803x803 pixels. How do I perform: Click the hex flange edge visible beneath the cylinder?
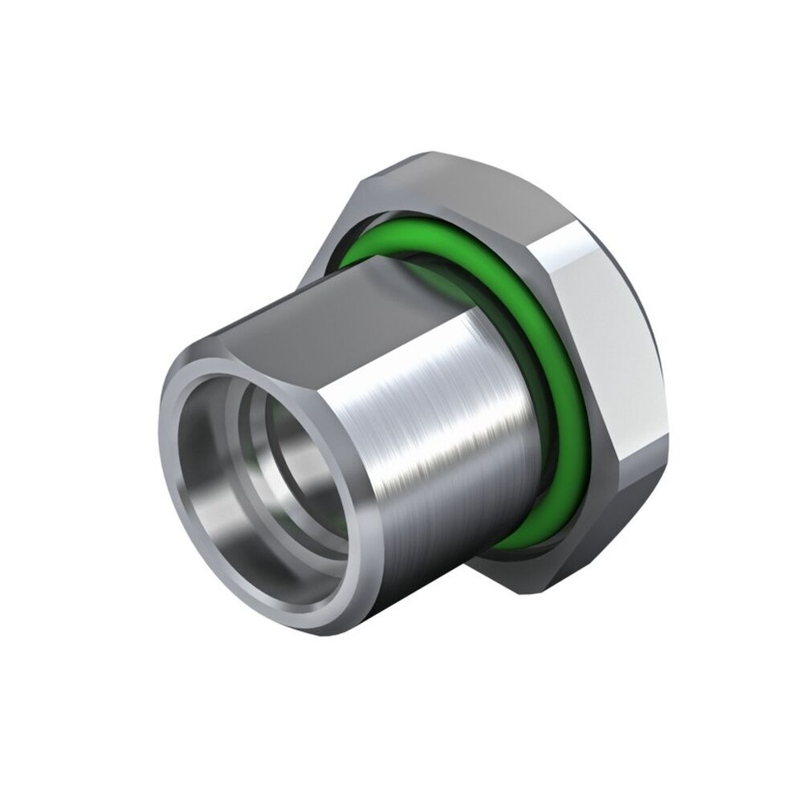coord(514,586)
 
